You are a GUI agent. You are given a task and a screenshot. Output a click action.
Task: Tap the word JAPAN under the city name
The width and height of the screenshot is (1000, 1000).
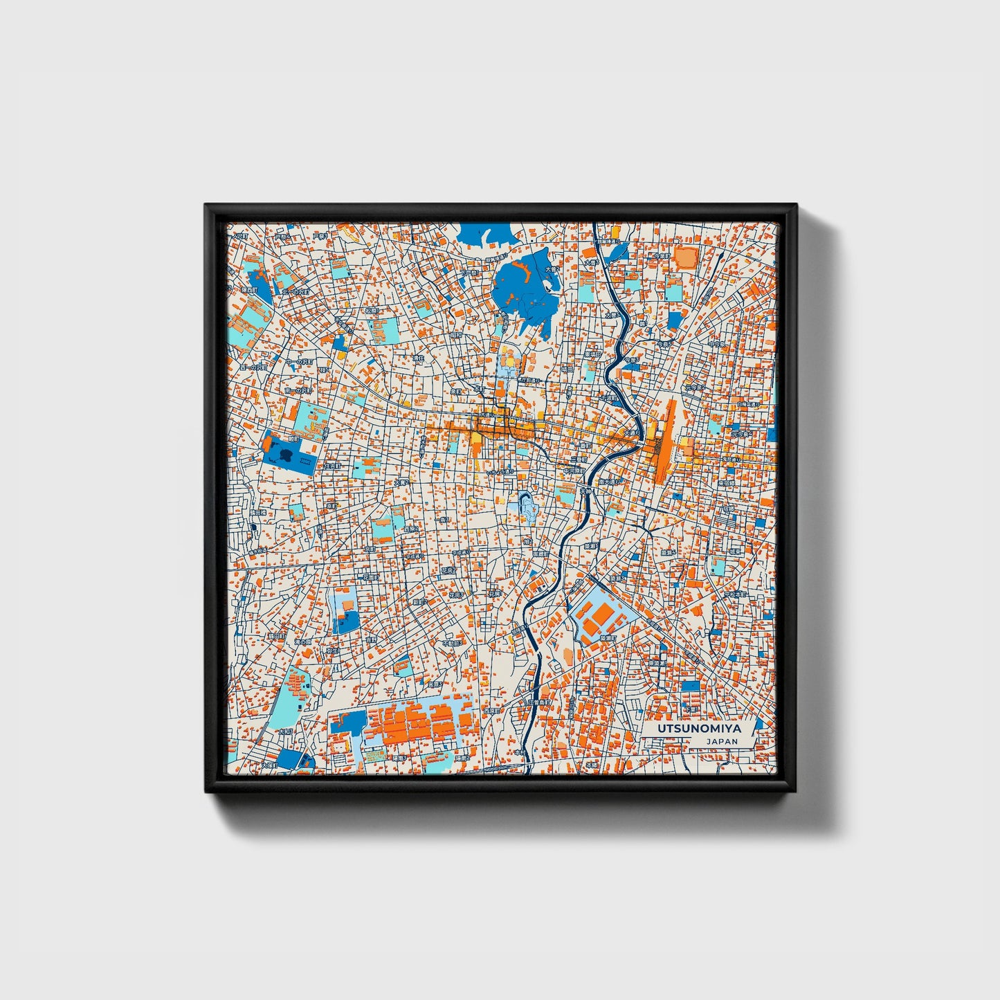click(722, 741)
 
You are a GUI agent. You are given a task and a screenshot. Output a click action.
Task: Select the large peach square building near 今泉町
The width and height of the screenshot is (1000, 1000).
click(686, 258)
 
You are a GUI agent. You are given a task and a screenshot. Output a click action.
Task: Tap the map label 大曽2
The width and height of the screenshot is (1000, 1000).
click(552, 269)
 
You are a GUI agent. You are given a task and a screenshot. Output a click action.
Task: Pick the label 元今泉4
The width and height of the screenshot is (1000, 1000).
click(742, 434)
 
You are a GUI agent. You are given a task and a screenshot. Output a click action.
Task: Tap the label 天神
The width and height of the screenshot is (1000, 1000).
click(585, 492)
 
